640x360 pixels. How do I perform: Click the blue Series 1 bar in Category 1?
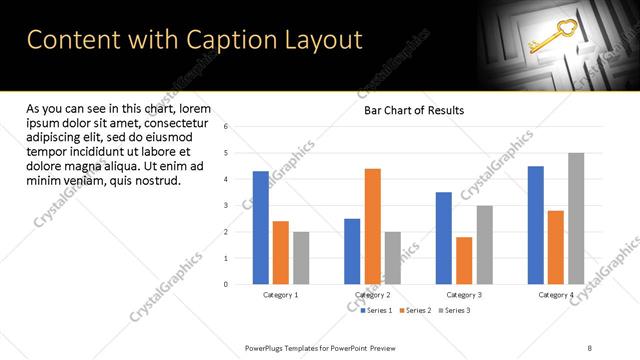click(261, 228)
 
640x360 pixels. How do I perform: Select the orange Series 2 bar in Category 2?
click(372, 226)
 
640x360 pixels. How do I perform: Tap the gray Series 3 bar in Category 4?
click(576, 218)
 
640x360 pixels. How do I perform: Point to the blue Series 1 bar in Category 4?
click(536, 225)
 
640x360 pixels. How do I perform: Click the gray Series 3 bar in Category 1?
click(301, 258)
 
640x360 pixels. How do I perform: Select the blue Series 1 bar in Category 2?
click(352, 251)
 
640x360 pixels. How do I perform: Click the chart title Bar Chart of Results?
click(413, 110)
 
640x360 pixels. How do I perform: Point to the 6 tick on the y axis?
click(227, 127)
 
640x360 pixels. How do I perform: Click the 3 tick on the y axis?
click(227, 205)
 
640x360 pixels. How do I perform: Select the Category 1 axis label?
click(281, 295)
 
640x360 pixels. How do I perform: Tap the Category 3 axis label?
click(464, 295)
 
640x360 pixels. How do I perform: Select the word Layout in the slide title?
click(322, 40)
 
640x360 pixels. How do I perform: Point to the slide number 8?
click(590, 347)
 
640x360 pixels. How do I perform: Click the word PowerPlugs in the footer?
click(266, 347)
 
